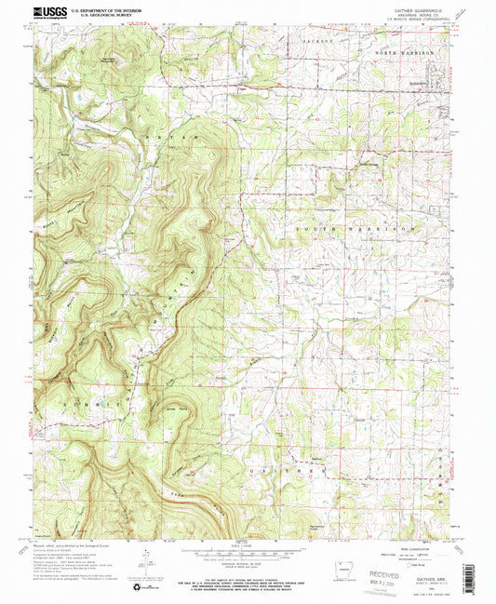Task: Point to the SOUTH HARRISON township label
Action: tap(354, 227)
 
